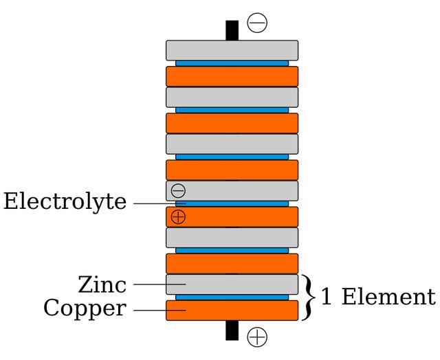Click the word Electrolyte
pyautogui.click(x=65, y=203)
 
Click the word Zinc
pyautogui.click(x=102, y=284)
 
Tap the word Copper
pyautogui.click(x=85, y=308)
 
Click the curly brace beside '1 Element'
pyautogui.click(x=309, y=297)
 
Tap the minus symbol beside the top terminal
pyautogui.click(x=257, y=23)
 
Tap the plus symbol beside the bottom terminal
pyautogui.click(x=257, y=337)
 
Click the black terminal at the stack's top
pyautogui.click(x=232, y=31)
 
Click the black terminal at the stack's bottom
pyautogui.click(x=232, y=330)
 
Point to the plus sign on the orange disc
pyautogui.click(x=178, y=217)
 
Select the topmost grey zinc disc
pyautogui.click(x=232, y=50)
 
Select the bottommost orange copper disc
pyautogui.click(x=232, y=311)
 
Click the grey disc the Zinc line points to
pyautogui.click(x=232, y=284)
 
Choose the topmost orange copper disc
pyautogui.click(x=232, y=76)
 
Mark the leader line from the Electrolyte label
pyautogui.click(x=155, y=203)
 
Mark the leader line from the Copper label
pyautogui.click(x=155, y=310)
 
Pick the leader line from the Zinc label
pyautogui.click(x=155, y=284)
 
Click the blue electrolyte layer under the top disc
pyautogui.click(x=232, y=63)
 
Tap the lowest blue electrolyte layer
pyautogui.click(x=232, y=297)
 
